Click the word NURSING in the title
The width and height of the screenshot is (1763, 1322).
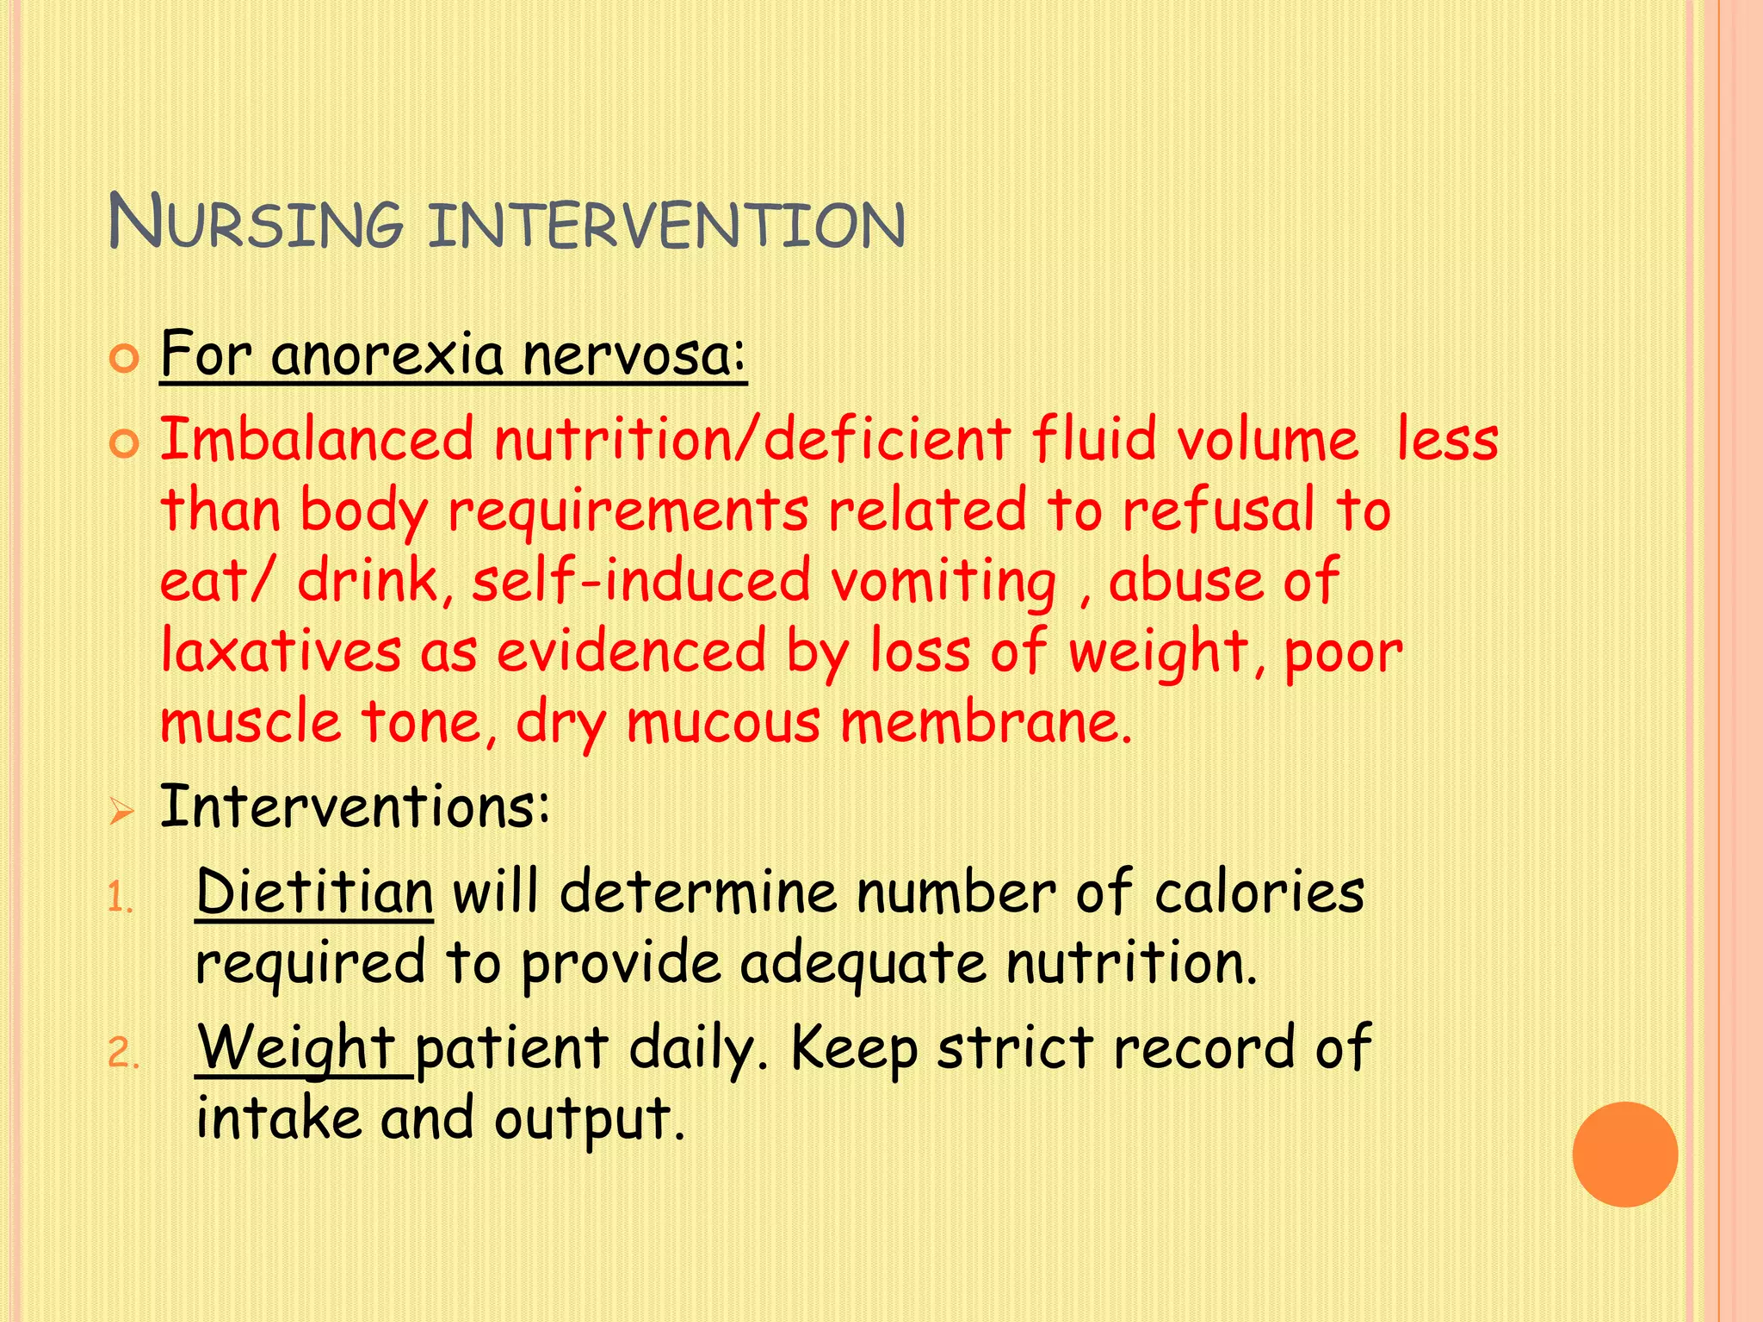(x=256, y=223)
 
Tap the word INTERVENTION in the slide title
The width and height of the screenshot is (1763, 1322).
(x=666, y=225)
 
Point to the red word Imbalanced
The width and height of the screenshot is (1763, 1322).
(x=317, y=439)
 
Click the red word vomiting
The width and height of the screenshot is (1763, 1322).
(x=943, y=582)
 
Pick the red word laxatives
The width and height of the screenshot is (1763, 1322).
(x=281, y=651)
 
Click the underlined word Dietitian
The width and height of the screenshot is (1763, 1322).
(x=314, y=892)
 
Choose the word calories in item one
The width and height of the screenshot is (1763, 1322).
(x=1259, y=892)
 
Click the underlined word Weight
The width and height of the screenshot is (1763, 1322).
(x=296, y=1048)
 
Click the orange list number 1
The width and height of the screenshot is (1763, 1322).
(x=120, y=900)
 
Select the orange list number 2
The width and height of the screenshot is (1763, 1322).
(x=123, y=1053)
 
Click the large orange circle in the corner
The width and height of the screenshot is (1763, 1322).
(x=1624, y=1154)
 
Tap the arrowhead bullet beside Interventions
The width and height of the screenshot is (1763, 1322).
(x=121, y=811)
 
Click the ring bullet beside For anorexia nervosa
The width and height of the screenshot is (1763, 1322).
(x=125, y=359)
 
